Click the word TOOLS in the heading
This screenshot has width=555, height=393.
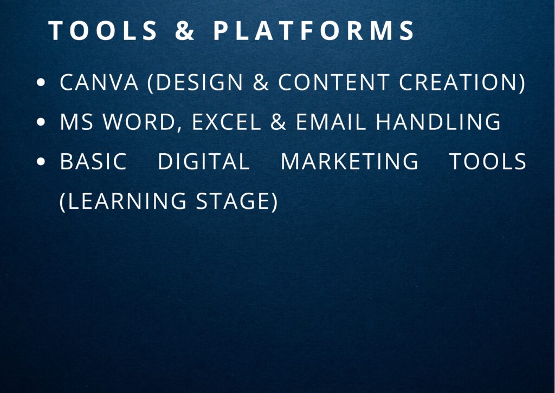(x=103, y=30)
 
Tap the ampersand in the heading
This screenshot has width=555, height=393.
(x=185, y=30)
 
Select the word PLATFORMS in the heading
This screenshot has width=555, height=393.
(x=314, y=30)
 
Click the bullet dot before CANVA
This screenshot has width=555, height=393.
(x=41, y=83)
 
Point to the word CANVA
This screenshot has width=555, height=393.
(x=99, y=82)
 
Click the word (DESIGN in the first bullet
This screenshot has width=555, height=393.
(x=195, y=82)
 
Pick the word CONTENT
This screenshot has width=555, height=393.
(x=334, y=82)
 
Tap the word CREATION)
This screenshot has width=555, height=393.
(x=462, y=82)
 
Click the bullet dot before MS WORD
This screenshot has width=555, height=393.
(x=41, y=122)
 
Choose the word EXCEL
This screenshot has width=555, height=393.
(x=227, y=122)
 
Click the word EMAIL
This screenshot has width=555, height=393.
(x=331, y=122)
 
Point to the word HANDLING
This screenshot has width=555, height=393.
(x=438, y=122)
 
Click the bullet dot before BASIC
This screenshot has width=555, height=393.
(x=41, y=161)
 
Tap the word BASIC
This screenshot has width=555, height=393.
(x=93, y=161)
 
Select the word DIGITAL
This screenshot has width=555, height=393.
(x=204, y=161)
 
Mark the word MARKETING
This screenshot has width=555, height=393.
(x=350, y=161)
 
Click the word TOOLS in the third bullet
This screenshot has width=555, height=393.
(x=488, y=161)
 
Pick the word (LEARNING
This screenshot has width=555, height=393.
(x=123, y=201)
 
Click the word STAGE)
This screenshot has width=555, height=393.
(x=237, y=201)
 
